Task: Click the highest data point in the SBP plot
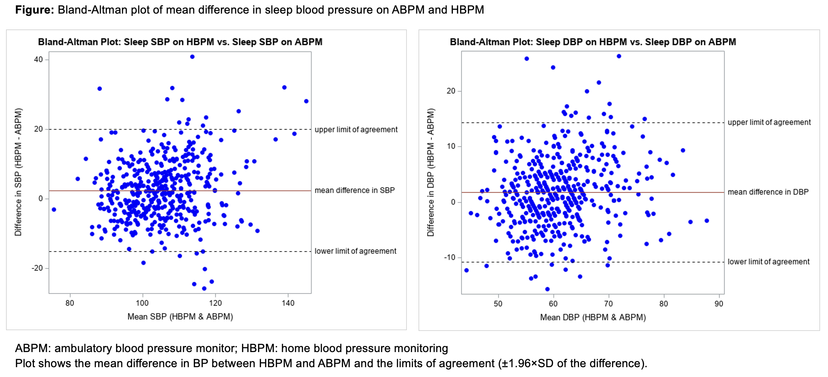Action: (x=192, y=57)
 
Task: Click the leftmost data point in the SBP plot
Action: (x=54, y=209)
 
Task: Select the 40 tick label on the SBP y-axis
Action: (x=38, y=59)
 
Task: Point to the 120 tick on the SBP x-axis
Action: (x=215, y=303)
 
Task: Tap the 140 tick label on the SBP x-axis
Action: (x=288, y=303)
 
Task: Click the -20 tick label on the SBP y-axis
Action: (x=37, y=268)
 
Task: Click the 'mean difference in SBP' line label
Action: (x=354, y=190)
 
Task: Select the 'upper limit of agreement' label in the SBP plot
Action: (x=356, y=130)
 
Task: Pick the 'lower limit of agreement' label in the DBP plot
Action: (x=768, y=262)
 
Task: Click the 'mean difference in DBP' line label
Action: (x=768, y=192)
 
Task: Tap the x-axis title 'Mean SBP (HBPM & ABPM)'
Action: (x=180, y=317)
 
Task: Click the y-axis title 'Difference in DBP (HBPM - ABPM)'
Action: (x=431, y=172)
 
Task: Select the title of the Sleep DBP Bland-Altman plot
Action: (x=593, y=42)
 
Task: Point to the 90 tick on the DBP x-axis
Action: (x=719, y=303)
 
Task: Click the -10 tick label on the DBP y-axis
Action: (x=450, y=257)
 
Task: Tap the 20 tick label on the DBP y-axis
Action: (x=451, y=91)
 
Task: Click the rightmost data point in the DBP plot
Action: (x=707, y=221)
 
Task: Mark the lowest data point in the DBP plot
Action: (x=547, y=289)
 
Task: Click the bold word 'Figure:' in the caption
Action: (x=35, y=10)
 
